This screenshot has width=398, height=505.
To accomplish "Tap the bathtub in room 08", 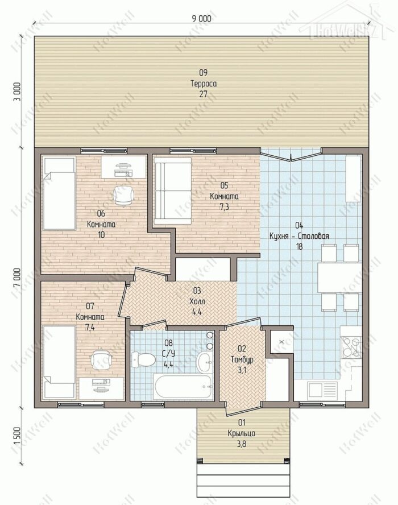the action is coord(183,387).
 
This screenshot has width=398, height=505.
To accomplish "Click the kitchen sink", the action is coord(322,391).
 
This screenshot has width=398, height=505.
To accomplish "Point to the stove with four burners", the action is coord(351,347).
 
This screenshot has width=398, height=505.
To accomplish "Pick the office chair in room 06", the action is coord(123,196).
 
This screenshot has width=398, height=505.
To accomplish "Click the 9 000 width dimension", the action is coord(202,18).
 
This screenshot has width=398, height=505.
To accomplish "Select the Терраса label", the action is coord(204,84).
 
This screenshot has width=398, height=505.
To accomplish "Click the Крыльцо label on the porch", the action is coord(242,433).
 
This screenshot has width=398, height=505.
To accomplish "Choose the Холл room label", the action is coord(197,302).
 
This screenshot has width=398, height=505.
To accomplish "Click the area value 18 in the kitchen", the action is coord(299,247).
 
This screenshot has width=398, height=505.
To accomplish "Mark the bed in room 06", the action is coord(59,193).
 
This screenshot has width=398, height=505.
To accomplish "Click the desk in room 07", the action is coord(101,388).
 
